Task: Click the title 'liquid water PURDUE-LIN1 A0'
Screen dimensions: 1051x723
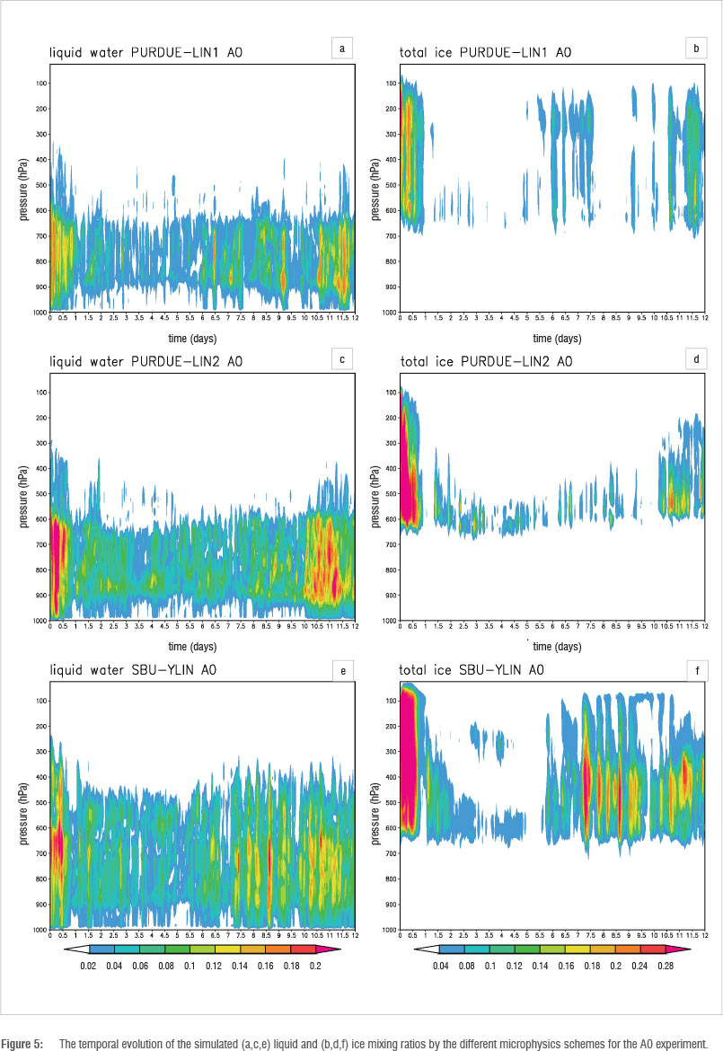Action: click(145, 54)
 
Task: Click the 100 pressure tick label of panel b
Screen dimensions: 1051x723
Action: click(390, 84)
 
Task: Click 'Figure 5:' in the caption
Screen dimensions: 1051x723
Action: click(21, 1043)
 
